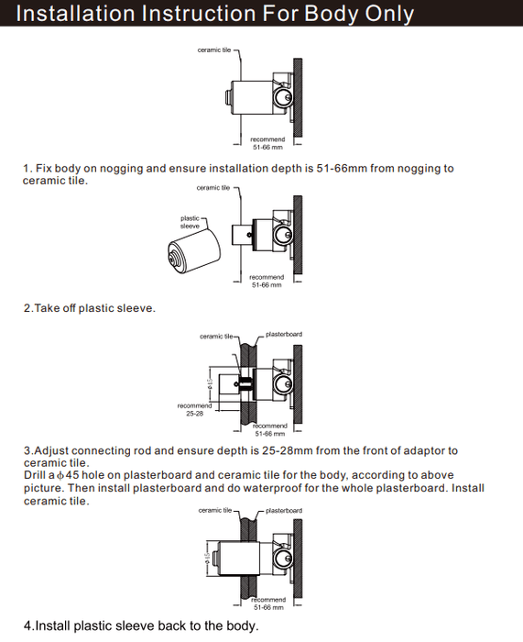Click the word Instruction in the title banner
(199, 13)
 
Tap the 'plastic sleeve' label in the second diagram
(191, 222)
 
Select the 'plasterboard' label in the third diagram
(284, 334)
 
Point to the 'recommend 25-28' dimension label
(195, 409)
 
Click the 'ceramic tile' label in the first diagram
(214, 50)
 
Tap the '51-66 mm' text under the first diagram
(267, 147)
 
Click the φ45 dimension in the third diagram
(210, 382)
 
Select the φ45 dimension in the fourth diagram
(207, 558)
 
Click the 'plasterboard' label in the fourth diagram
(284, 511)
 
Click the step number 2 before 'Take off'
(27, 308)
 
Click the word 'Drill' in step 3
(35, 475)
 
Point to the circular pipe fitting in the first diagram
(282, 97)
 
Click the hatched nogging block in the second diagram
(298, 236)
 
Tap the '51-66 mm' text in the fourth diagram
(268, 607)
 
